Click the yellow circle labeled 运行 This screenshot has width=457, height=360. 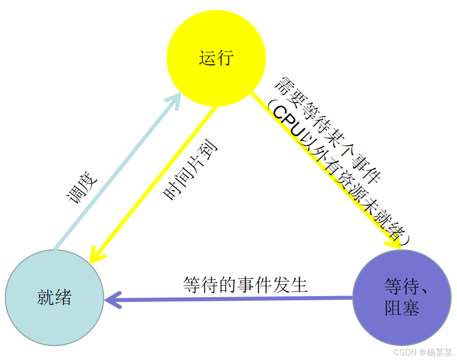click(216, 42)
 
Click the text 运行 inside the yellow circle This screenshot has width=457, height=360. click(216, 58)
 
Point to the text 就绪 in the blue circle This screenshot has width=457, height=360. click(55, 298)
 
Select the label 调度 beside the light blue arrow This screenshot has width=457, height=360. click(82, 188)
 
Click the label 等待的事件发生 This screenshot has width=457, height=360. click(245, 285)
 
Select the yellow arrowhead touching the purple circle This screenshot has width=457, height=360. click(396, 242)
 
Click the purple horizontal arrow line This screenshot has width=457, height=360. click(234, 299)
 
